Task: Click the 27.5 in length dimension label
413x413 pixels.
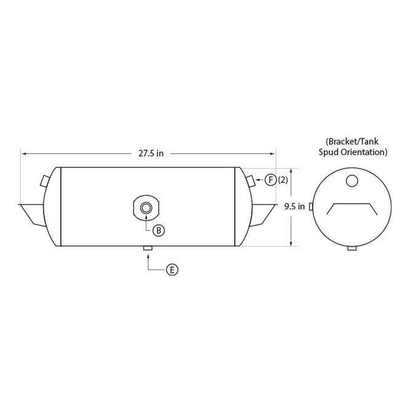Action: pos(151,153)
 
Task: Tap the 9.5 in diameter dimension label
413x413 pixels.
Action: pos(294,206)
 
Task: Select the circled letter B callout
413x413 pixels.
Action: pos(159,230)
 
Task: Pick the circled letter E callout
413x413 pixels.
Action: pos(172,270)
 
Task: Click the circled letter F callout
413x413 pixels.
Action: pos(270,180)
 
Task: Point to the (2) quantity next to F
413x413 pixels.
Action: pos(283,180)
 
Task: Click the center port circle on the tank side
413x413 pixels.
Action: pos(146,208)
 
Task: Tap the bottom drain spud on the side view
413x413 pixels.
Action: pos(148,248)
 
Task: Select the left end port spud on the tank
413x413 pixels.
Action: pos(44,181)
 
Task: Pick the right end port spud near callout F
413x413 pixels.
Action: pos(251,181)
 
